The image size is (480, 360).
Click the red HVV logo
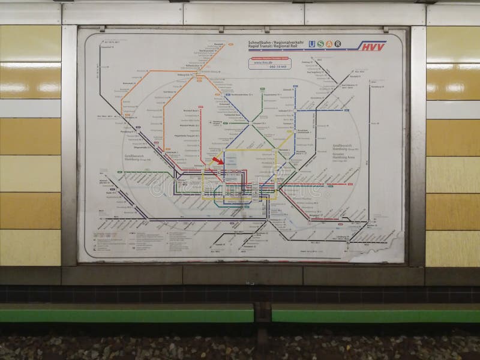373,45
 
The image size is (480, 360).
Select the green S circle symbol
321,44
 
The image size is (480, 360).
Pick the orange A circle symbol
329,44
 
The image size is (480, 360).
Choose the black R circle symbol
338,44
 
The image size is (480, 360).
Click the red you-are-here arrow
218,160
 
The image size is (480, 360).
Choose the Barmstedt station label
129,83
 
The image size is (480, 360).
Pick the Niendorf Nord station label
192,110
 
